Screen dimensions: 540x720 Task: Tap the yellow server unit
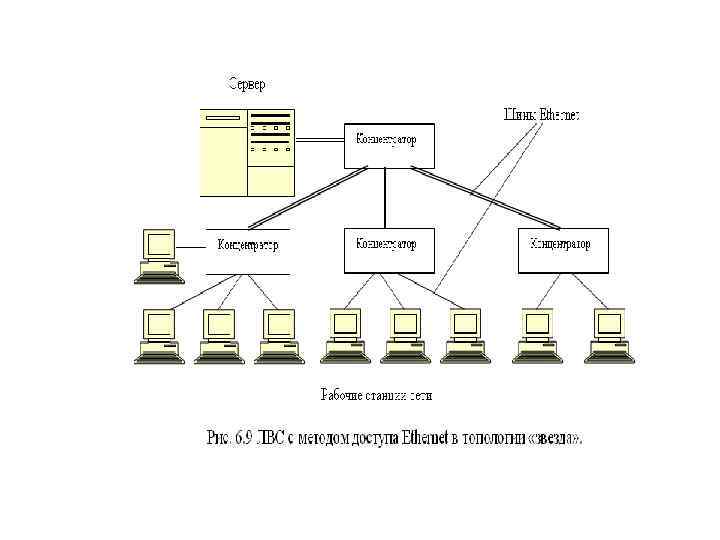click(x=247, y=152)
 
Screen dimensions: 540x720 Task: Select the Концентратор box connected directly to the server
click(x=389, y=146)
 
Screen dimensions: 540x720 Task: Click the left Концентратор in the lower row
click(x=247, y=245)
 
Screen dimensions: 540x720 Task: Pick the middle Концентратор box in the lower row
click(x=389, y=250)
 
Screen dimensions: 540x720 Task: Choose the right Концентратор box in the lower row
click(x=561, y=250)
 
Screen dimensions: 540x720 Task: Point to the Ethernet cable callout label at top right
click(x=540, y=115)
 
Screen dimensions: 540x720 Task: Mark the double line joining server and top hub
click(x=320, y=140)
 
